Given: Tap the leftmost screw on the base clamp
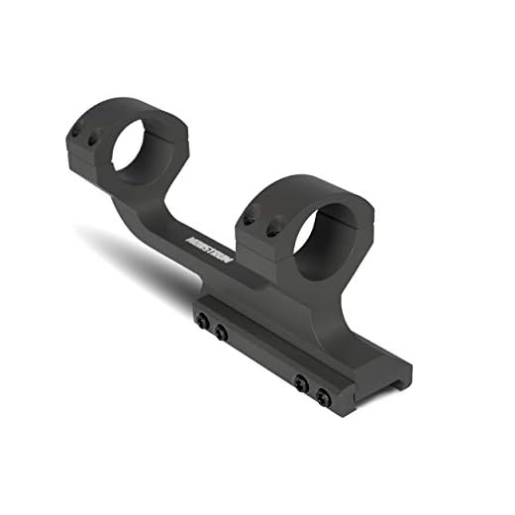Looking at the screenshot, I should (203, 320).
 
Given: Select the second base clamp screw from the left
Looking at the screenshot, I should (221, 333).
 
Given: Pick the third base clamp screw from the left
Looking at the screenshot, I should (300, 382).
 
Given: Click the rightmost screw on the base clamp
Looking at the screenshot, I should (323, 397).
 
